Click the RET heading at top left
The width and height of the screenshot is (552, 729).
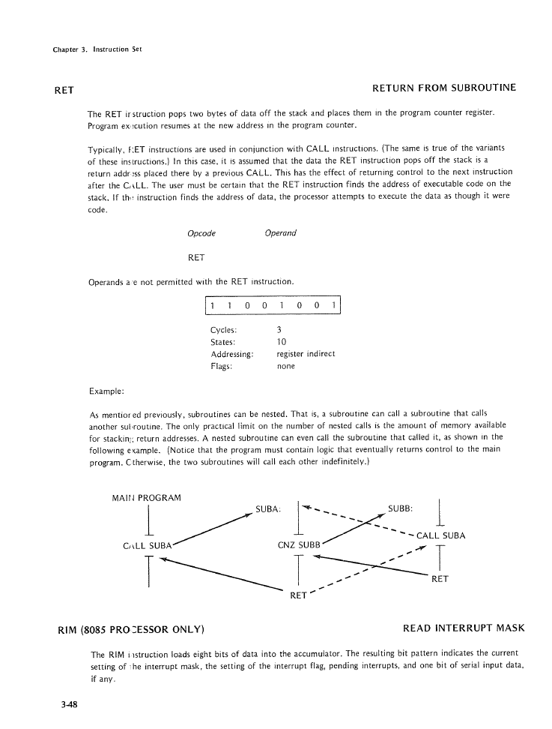[64, 89]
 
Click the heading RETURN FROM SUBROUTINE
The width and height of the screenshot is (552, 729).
[444, 88]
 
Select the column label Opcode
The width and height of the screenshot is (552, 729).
[201, 233]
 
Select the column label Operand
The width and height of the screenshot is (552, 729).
[281, 233]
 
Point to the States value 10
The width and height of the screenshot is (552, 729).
[282, 342]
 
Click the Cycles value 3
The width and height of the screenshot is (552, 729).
[279, 330]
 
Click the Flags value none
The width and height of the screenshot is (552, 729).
[286, 366]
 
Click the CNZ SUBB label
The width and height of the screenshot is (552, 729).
[299, 544]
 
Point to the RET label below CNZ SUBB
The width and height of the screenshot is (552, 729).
[298, 596]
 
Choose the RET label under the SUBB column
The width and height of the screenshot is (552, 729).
[440, 579]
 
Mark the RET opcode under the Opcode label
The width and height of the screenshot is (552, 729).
[198, 257]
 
